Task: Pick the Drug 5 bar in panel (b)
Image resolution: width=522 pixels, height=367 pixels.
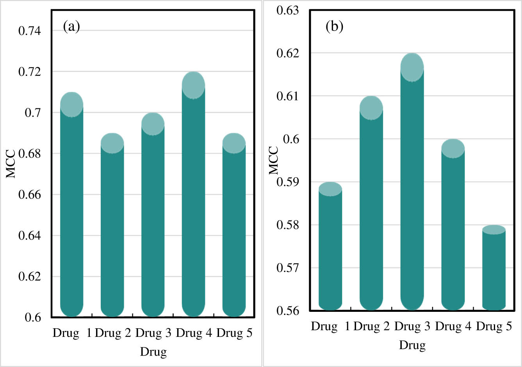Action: tap(494, 270)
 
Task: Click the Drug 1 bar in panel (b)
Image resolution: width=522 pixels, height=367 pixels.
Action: tap(330, 250)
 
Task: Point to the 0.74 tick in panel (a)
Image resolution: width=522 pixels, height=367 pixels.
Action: tap(30, 31)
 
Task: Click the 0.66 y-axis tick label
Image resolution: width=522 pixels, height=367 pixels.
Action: tap(30, 194)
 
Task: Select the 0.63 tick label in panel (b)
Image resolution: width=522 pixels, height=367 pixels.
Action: tap(287, 10)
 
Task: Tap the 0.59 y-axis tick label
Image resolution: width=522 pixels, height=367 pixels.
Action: tap(287, 182)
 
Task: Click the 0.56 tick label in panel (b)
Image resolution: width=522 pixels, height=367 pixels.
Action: tap(287, 311)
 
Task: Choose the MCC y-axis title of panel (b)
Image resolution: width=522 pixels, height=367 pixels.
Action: tap(274, 160)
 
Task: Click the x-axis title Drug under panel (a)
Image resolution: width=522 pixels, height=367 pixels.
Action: tap(153, 351)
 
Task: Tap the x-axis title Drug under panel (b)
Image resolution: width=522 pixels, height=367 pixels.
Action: tap(412, 345)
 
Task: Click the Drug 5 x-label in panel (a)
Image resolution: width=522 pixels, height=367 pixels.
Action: tap(234, 333)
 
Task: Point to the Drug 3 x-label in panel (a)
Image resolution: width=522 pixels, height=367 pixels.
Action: tap(153, 333)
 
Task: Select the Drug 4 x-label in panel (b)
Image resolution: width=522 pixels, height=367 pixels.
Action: tap(453, 326)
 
